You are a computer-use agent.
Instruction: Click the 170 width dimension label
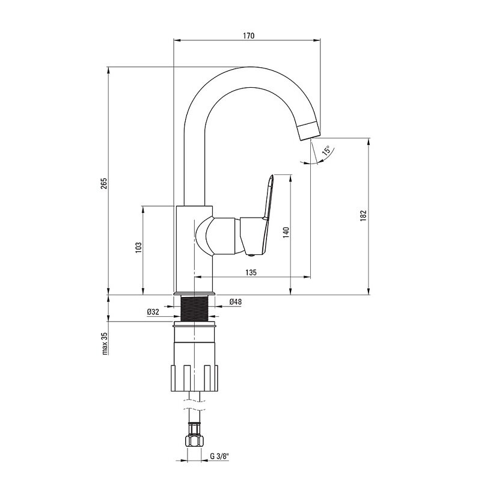(x=248, y=35)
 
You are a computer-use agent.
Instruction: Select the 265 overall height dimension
(x=104, y=183)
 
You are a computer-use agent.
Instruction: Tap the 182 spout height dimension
(x=363, y=216)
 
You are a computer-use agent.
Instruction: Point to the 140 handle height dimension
(x=286, y=233)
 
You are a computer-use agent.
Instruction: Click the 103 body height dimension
(x=139, y=248)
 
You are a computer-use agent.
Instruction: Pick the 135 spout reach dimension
(x=251, y=272)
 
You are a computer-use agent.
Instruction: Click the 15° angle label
(x=326, y=150)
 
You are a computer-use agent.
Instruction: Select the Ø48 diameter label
(x=235, y=302)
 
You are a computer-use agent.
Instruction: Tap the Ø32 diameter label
(x=153, y=312)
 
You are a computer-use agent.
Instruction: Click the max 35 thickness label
(x=105, y=343)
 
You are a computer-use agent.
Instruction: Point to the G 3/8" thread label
(x=219, y=456)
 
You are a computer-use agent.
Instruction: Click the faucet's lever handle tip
(x=272, y=177)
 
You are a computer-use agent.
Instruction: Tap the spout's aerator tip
(x=309, y=131)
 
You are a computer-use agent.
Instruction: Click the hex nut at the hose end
(x=194, y=441)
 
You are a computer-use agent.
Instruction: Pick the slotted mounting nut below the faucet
(x=194, y=378)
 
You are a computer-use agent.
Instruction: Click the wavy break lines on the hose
(x=194, y=405)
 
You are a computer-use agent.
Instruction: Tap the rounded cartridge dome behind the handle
(x=203, y=236)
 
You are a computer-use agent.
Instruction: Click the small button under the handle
(x=251, y=254)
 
